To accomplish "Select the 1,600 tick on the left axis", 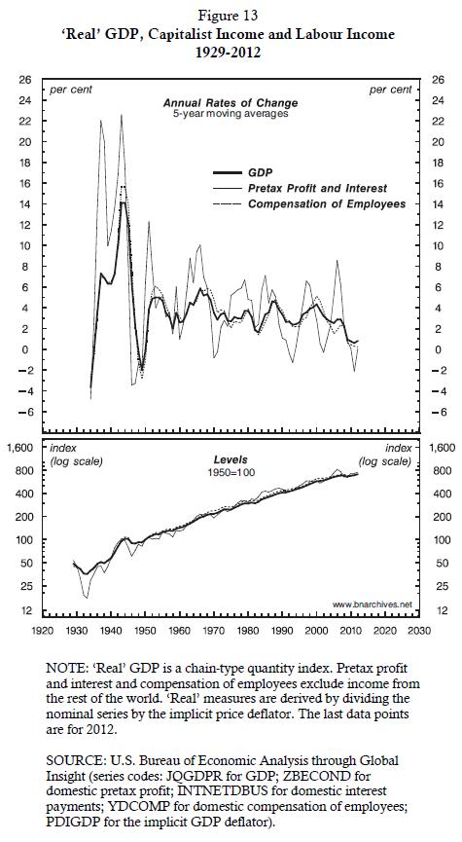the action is pos(22,448).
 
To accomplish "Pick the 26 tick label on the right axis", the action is pos(439,80).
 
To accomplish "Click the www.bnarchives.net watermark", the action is pos(373,604).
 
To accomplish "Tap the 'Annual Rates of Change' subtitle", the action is pos(231,103).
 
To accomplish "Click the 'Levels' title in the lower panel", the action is pos(231,460).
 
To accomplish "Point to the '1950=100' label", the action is pos(231,472).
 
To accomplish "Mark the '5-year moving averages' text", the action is pos(231,114).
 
